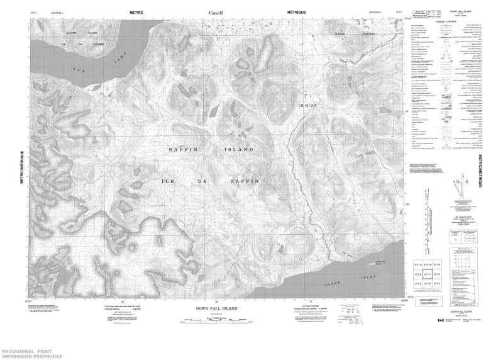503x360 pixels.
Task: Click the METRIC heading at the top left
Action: point(137,12)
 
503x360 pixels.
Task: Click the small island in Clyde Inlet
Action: point(377,267)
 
